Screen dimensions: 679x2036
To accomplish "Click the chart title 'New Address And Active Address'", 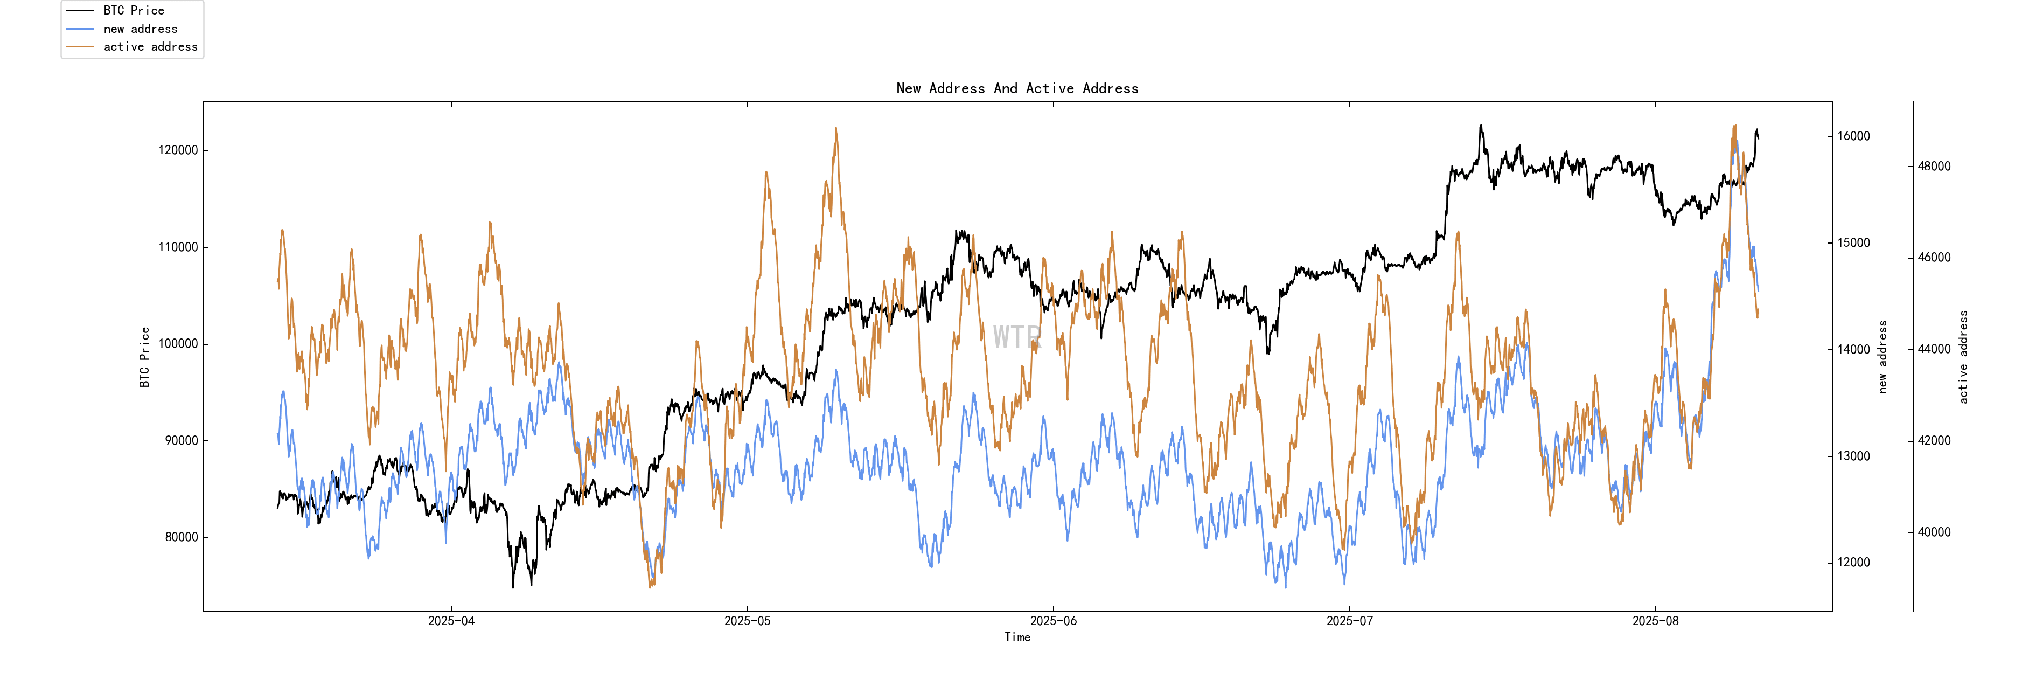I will (1017, 88).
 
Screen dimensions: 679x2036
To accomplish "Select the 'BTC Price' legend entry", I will (134, 10).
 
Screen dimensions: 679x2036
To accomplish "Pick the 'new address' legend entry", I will (140, 29).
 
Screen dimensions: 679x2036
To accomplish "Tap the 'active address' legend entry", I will (150, 47).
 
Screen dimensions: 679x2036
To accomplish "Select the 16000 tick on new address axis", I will (1853, 136).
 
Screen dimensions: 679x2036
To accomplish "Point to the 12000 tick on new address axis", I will (1853, 563).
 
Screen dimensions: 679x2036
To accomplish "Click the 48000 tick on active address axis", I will (1934, 166).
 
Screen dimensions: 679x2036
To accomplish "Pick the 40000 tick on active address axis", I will (1934, 532).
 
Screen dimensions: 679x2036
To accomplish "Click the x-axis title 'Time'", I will (1017, 637).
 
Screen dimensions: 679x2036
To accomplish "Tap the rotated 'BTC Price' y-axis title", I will (145, 357).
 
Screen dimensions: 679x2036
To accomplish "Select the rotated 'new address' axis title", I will (1882, 357).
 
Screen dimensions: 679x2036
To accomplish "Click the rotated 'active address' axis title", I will (1963, 357).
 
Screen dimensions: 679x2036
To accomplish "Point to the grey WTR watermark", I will (1017, 337).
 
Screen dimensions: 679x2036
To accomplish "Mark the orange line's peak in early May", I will (835, 128).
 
